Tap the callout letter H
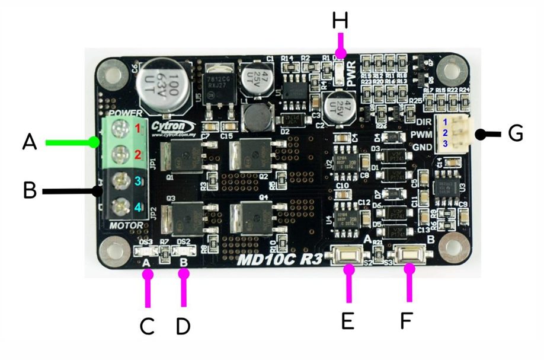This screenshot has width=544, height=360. (x=340, y=22)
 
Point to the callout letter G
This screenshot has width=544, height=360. (x=515, y=133)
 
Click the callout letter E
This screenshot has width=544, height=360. (x=348, y=320)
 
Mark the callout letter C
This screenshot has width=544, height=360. (x=147, y=326)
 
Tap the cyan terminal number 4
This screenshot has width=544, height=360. (x=137, y=208)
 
